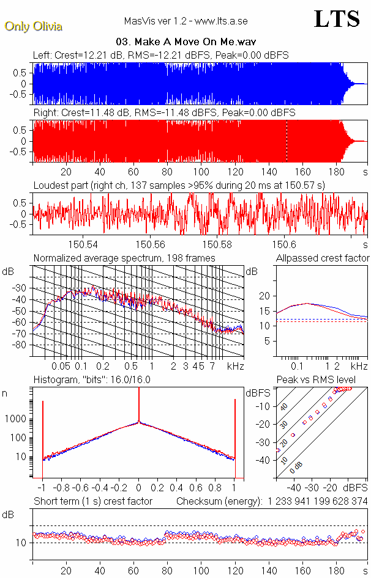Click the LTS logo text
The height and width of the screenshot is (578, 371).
[x=337, y=19]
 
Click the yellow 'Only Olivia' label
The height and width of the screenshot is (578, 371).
[x=33, y=26]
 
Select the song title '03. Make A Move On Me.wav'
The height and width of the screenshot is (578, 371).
[x=185, y=42]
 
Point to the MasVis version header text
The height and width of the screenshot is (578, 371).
[x=185, y=21]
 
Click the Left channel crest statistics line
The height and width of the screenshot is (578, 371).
[x=161, y=56]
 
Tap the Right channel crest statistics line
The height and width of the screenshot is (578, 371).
[x=164, y=113]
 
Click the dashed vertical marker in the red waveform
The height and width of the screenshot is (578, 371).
[x=287, y=141]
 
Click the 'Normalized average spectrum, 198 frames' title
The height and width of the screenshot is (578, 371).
[x=124, y=258]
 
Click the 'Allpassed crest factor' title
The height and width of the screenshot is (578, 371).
[x=323, y=258]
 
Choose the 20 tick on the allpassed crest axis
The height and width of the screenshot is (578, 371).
[x=264, y=296]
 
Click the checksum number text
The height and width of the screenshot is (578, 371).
[x=317, y=502]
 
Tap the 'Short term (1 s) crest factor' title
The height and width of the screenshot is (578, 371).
[x=92, y=502]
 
